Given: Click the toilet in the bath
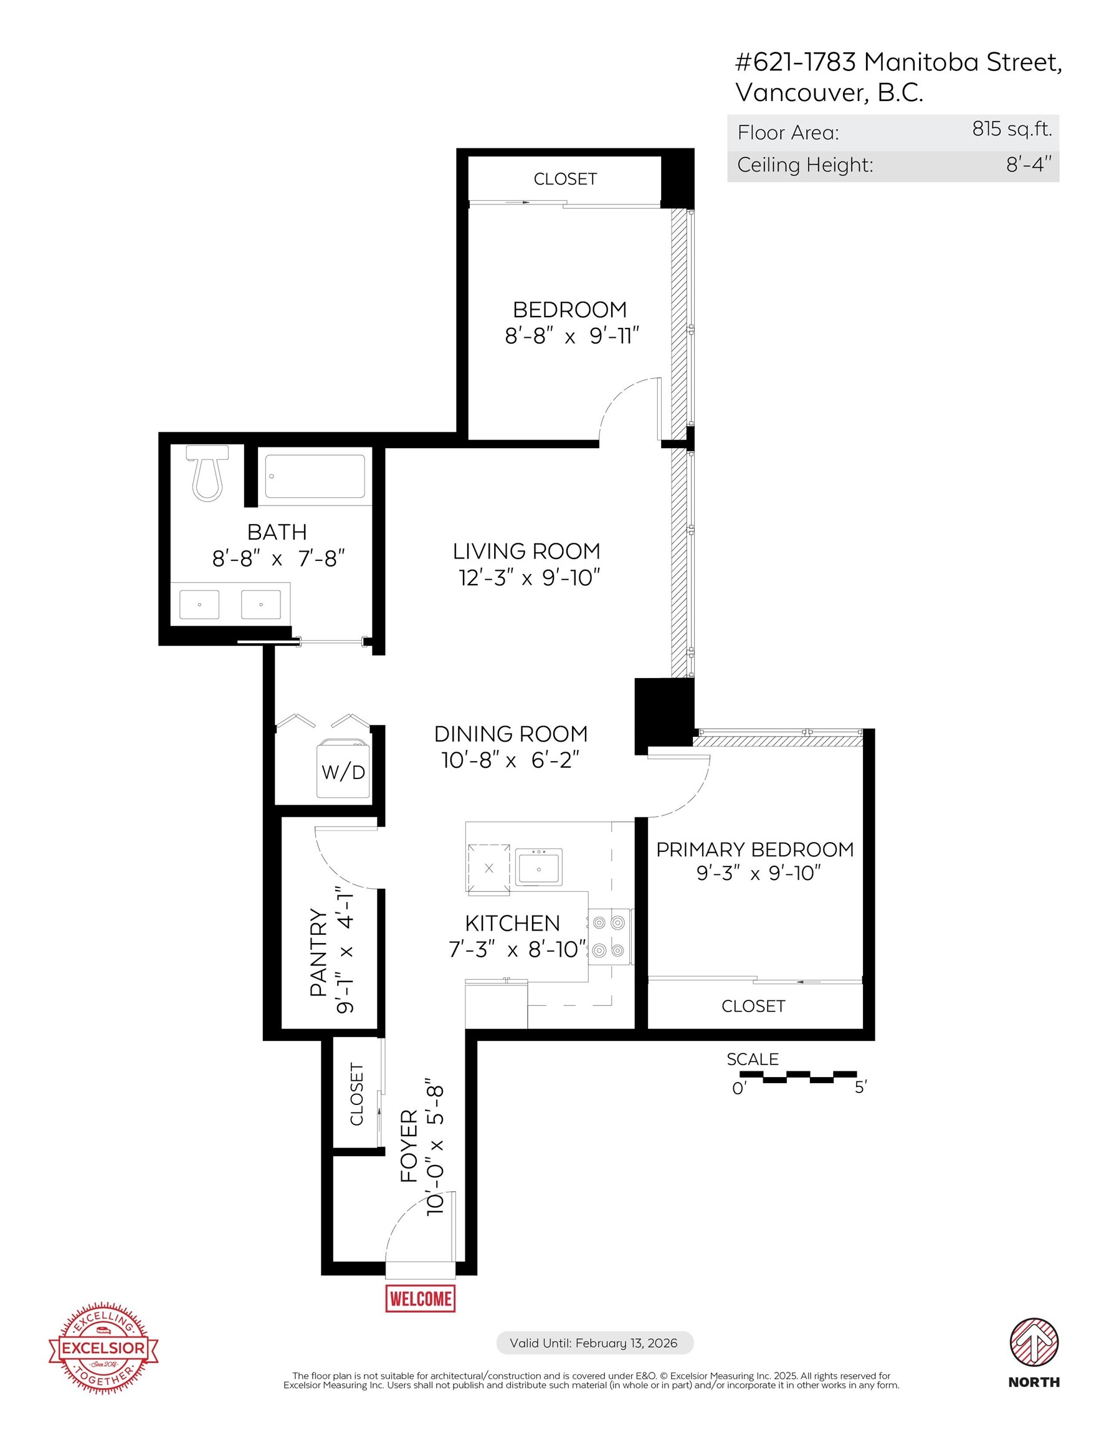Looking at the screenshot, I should point(207,474).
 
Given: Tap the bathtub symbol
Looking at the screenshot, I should point(315,477).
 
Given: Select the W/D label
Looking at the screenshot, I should point(343,772).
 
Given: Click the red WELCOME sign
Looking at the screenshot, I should point(420,1299).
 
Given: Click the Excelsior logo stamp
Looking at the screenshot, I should point(103,1348).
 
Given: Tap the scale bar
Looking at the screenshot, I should point(797,1076).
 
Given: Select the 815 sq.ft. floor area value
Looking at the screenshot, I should point(1012,129).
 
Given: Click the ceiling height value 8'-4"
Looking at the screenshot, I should point(1029,165).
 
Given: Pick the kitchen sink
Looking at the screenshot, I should point(538,867).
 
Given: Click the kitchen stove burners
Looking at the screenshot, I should point(608,936).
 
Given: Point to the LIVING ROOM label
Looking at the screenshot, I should point(526,551).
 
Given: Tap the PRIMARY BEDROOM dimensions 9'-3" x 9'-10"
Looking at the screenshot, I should point(759,873).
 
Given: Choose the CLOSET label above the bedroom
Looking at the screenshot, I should point(564,179).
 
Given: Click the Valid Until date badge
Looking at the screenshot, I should point(593,1343).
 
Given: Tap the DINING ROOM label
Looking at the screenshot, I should point(511,734).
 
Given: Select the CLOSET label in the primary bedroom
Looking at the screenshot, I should point(753,1006).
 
